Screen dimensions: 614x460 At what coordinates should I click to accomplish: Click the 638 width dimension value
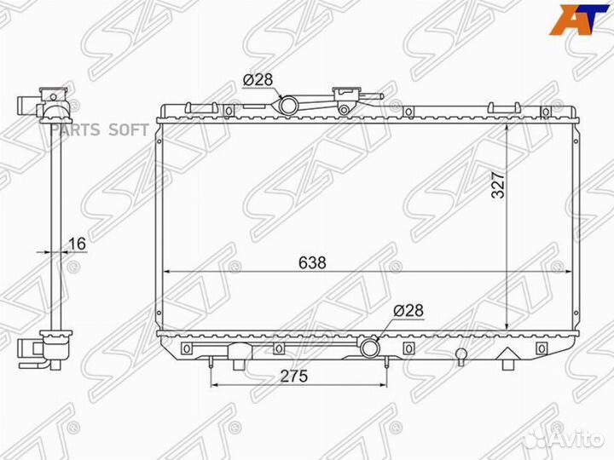click(x=312, y=263)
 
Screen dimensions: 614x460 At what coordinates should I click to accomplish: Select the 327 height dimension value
click(x=499, y=185)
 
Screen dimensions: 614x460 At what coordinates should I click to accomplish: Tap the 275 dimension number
click(x=294, y=376)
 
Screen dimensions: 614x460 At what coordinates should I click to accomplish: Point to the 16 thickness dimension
click(x=77, y=244)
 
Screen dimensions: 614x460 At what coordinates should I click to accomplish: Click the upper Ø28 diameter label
click(x=258, y=80)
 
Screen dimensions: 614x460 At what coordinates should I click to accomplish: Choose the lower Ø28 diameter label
click(x=408, y=311)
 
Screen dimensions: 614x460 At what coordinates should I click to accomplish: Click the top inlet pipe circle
click(x=288, y=106)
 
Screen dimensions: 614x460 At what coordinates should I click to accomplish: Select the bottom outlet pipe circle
click(x=369, y=348)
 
